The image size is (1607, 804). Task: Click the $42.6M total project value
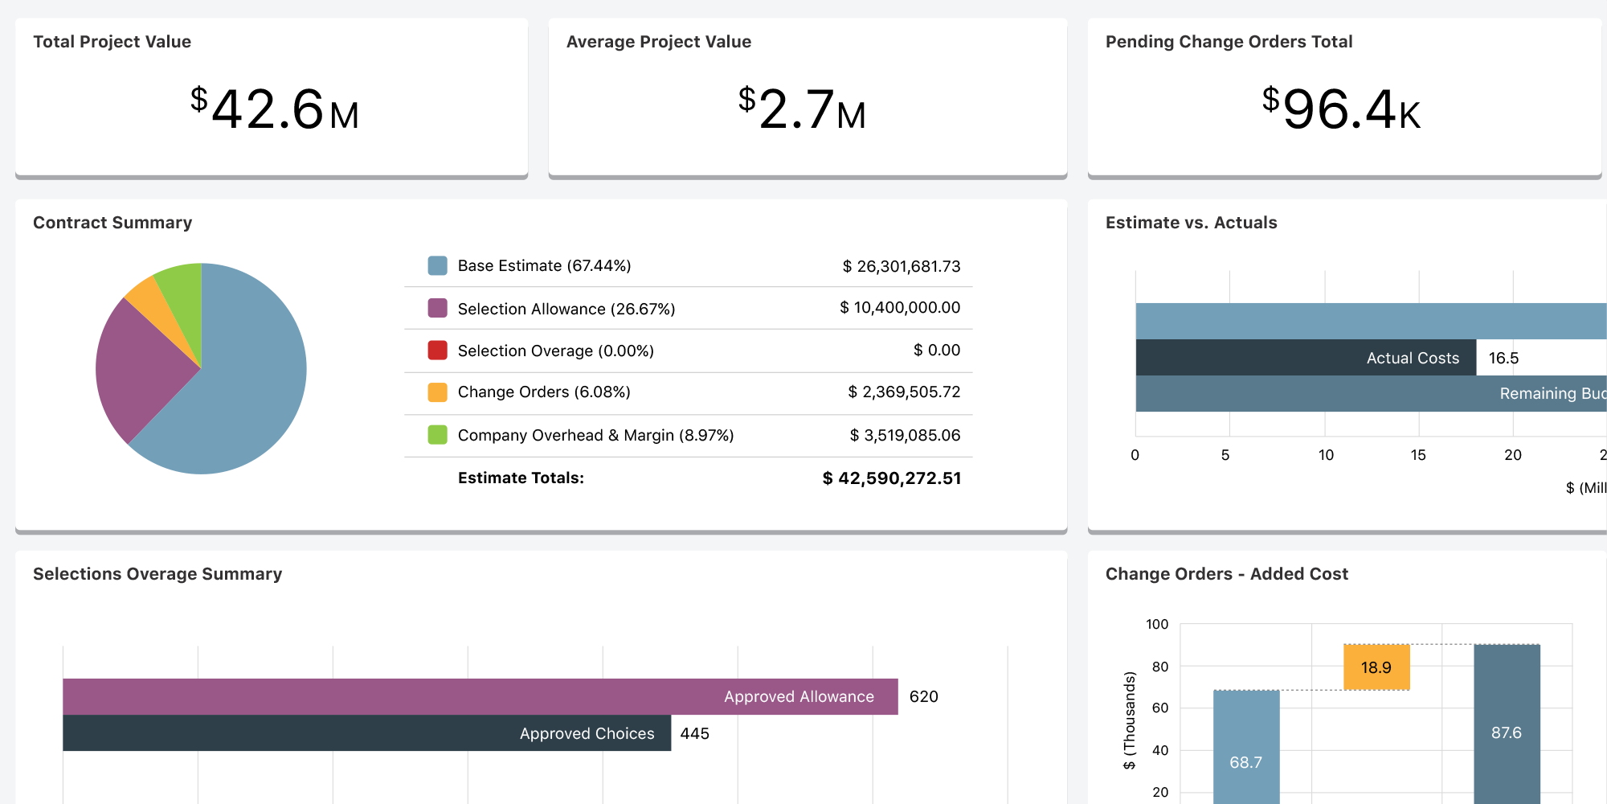click(274, 109)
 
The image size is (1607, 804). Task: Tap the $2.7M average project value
click(802, 109)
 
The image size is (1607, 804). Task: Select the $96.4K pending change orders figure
click(1341, 109)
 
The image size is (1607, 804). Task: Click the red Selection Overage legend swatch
click(437, 351)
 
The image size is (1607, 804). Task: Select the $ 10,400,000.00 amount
click(900, 308)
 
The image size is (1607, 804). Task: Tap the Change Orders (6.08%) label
click(544, 392)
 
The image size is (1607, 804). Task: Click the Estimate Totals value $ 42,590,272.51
click(891, 478)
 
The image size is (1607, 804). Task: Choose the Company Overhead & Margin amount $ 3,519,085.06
click(905, 435)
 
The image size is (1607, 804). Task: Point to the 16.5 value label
click(1503, 359)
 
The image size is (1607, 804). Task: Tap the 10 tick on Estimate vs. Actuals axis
click(1326, 455)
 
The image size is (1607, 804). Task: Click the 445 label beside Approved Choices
click(694, 733)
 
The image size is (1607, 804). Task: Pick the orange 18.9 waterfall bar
click(1376, 667)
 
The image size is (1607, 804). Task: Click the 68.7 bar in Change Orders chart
click(1245, 748)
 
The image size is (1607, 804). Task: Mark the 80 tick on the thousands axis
click(1160, 667)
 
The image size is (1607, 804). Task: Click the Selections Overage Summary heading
click(157, 574)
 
